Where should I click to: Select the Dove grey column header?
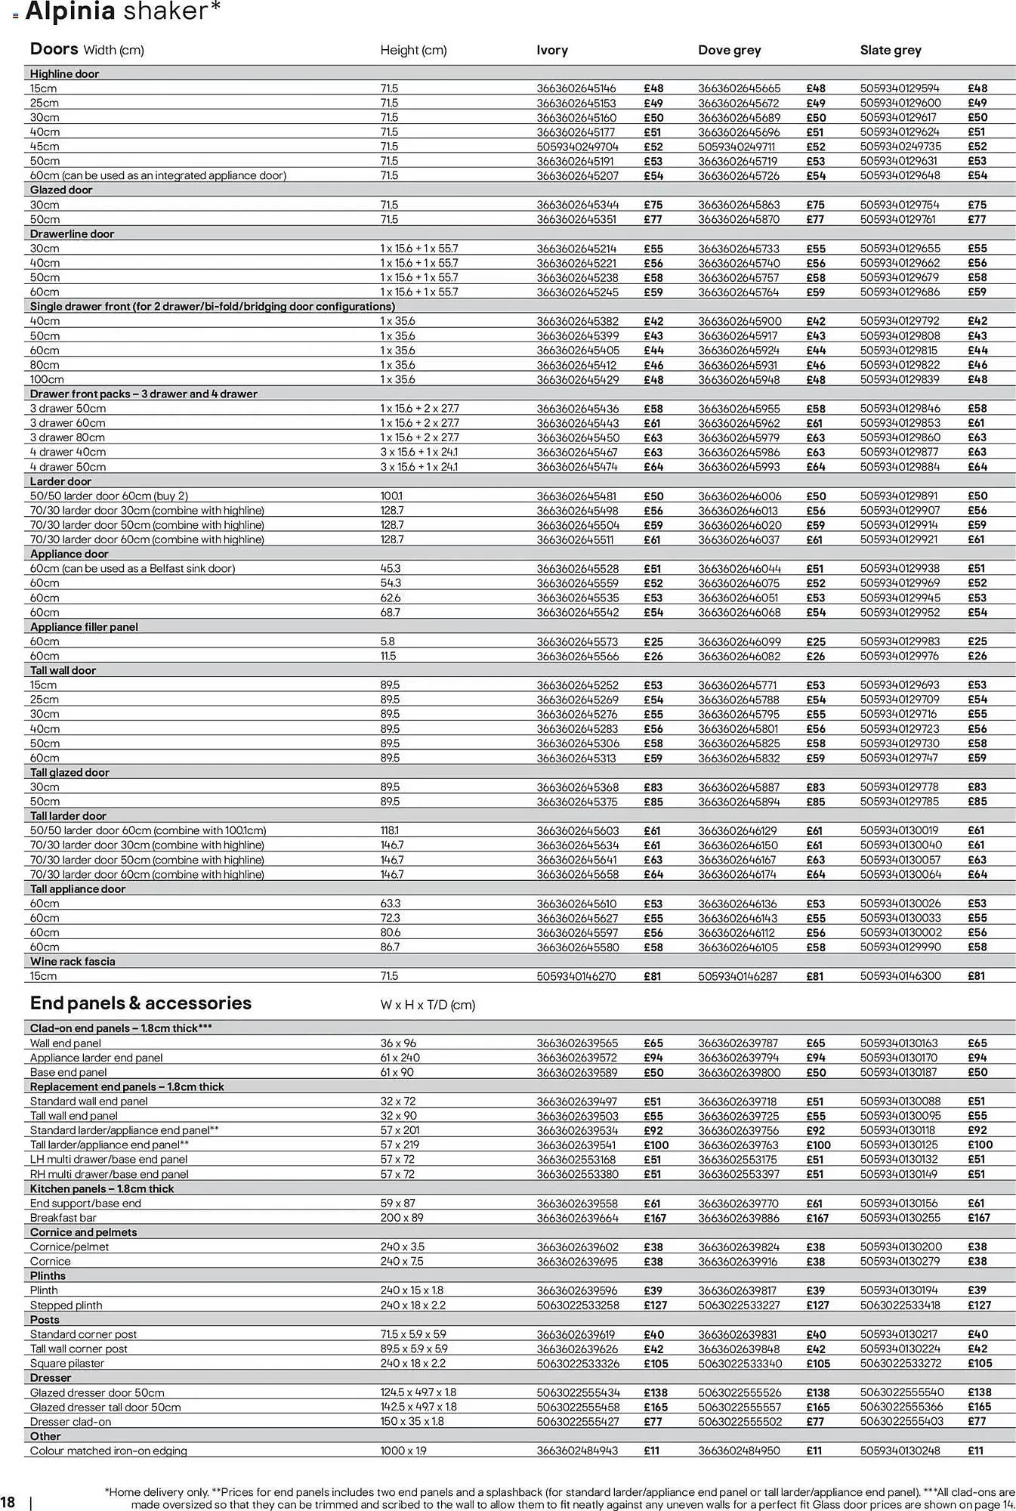[729, 51]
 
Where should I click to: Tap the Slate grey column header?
[890, 51]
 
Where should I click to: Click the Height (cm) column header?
[413, 51]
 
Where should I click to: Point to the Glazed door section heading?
[60, 190]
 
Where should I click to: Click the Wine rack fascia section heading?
[73, 962]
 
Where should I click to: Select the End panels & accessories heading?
[141, 1003]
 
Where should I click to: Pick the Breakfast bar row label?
[63, 1218]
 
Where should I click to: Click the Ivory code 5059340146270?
[576, 976]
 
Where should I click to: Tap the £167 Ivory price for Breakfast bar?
[655, 1218]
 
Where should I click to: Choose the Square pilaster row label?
[67, 1364]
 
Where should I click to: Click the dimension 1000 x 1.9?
[403, 1451]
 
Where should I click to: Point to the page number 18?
[8, 1501]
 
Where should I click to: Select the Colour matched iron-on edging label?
[108, 1451]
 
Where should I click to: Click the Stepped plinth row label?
[66, 1306]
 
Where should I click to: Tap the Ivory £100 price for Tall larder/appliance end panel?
[656, 1145]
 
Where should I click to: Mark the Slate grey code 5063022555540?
[901, 1392]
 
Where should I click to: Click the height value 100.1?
[391, 496]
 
